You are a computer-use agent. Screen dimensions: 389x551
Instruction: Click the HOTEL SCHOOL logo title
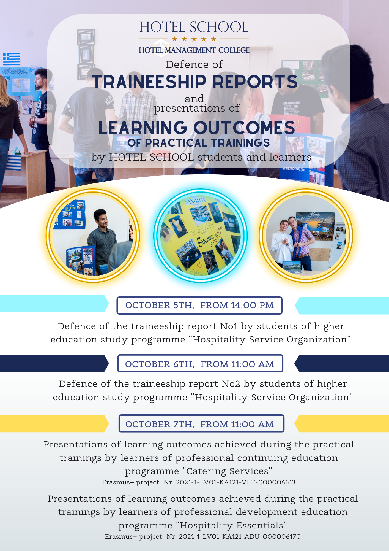[x=194, y=27]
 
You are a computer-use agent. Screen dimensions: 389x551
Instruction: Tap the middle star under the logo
[x=194, y=39]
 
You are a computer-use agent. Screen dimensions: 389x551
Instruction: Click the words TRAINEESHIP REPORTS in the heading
[x=195, y=82]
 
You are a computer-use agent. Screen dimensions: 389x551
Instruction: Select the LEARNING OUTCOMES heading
[x=197, y=128]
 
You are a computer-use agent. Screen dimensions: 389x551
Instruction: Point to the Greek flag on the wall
[x=12, y=59]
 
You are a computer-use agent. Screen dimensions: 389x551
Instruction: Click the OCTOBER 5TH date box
[x=199, y=306]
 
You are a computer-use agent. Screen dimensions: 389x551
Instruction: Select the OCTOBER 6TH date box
[x=200, y=363]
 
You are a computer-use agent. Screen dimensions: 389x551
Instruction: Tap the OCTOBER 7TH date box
[x=201, y=423]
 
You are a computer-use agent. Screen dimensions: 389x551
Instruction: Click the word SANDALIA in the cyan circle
[x=195, y=201]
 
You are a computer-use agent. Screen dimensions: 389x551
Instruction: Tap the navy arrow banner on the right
[x=342, y=363]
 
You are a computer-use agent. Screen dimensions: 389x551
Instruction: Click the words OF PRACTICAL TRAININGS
[x=199, y=143]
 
